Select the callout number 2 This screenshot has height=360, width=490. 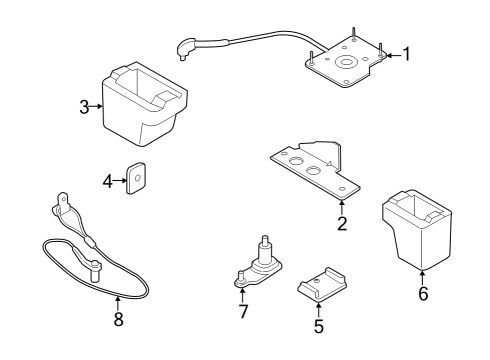click(341, 223)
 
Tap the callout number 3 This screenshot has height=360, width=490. click(84, 106)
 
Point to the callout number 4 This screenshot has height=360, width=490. click(108, 180)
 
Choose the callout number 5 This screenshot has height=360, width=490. click(318, 325)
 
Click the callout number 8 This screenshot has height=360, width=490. click(118, 321)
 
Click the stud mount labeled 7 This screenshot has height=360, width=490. click(262, 265)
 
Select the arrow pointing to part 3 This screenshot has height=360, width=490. click(98, 106)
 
